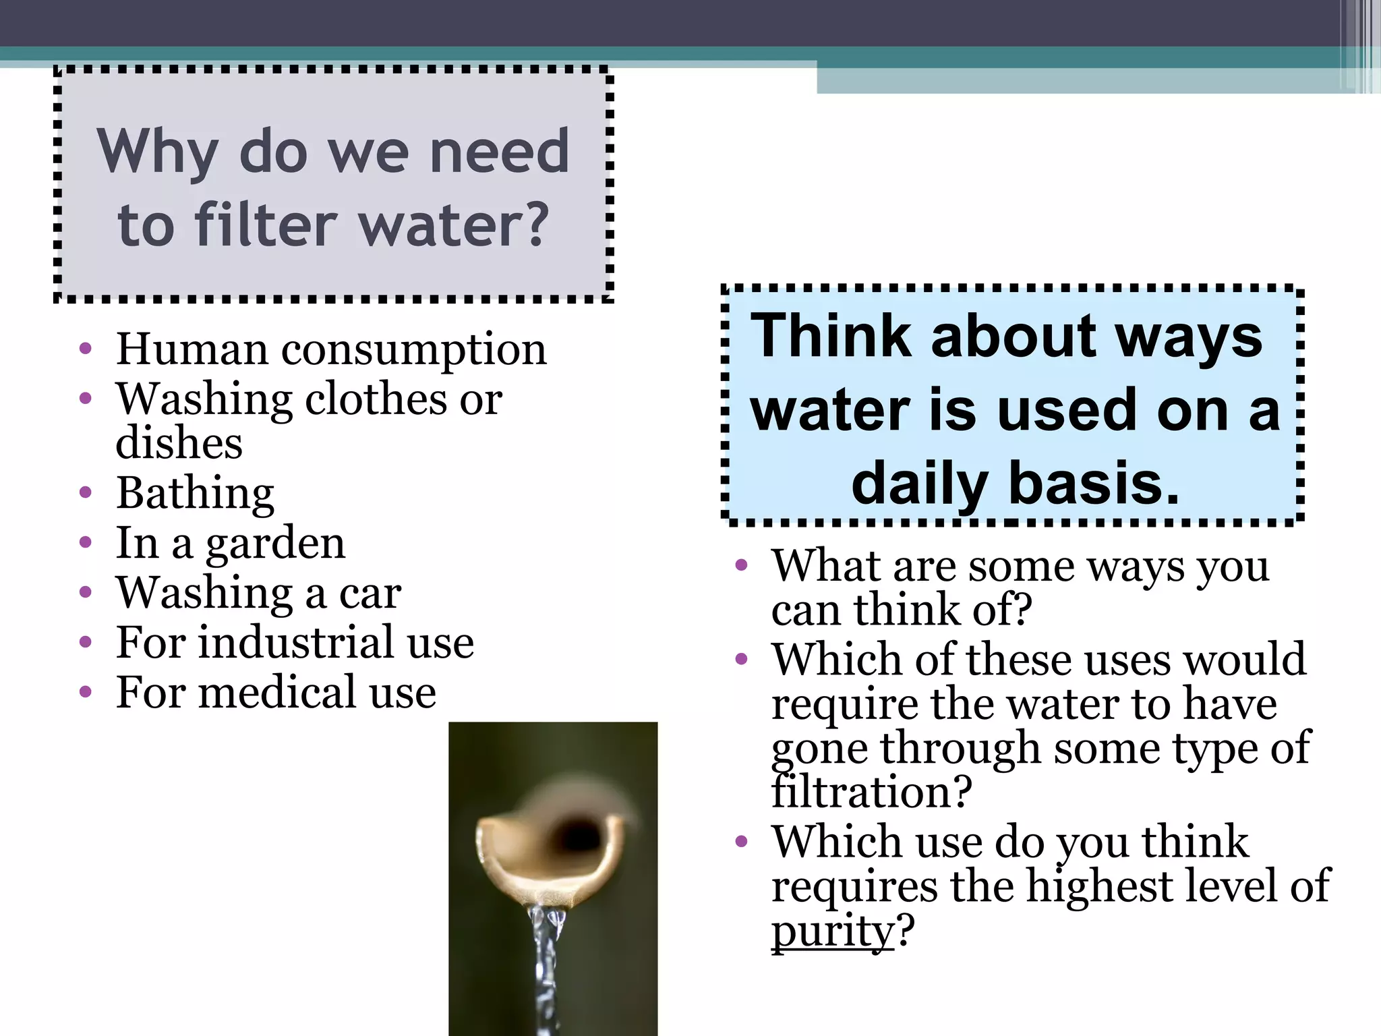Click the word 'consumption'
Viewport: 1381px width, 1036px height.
[x=414, y=351]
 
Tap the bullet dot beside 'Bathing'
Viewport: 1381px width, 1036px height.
[x=85, y=493]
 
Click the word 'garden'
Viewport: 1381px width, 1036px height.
[x=275, y=544]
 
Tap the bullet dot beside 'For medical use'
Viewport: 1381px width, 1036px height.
[x=85, y=692]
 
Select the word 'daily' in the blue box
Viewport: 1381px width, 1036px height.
[x=920, y=484]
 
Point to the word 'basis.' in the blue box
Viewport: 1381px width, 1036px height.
[x=1094, y=484]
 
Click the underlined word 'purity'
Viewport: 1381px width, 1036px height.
[x=832, y=931]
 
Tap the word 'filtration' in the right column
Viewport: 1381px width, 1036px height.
[x=860, y=792]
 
